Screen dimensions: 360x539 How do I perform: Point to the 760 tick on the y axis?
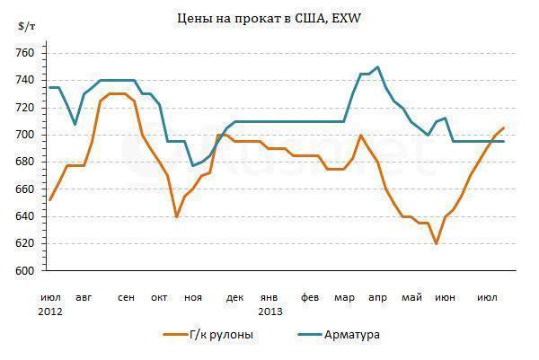tap(25, 53)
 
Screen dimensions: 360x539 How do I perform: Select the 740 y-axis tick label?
tap(25, 81)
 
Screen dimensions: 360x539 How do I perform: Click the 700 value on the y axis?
tap(25, 135)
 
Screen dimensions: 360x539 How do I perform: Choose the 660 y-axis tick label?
tap(25, 189)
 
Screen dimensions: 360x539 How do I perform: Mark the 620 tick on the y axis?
tap(25, 243)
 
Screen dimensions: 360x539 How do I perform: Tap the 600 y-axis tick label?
tap(25, 271)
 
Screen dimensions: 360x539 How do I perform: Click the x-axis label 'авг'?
tap(84, 297)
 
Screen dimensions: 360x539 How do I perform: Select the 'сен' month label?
tap(126, 297)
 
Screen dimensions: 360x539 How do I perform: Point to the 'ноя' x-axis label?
tap(192, 297)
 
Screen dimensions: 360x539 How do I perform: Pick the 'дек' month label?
tap(234, 297)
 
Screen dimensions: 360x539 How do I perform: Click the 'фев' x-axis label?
tap(310, 297)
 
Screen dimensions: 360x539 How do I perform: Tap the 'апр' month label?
tap(378, 297)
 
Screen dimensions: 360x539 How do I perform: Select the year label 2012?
tap(50, 311)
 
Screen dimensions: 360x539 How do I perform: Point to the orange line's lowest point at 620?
tap(436, 243)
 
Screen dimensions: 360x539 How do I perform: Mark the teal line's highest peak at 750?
tap(377, 67)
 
